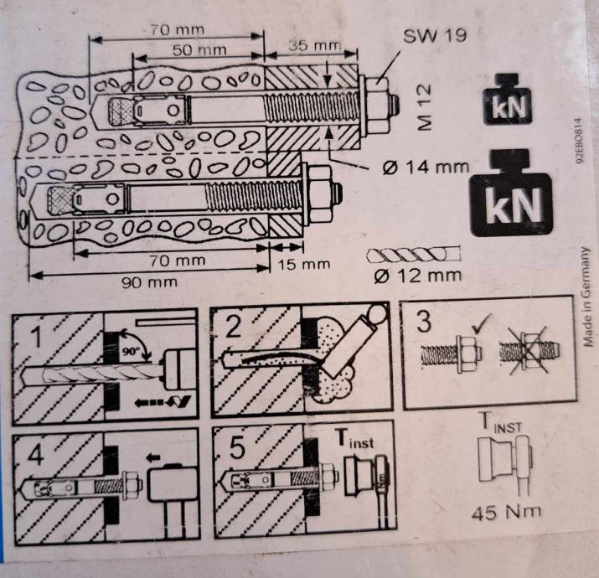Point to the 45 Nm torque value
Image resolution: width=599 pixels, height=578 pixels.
click(507, 510)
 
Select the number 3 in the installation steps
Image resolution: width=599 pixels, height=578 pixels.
click(424, 323)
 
